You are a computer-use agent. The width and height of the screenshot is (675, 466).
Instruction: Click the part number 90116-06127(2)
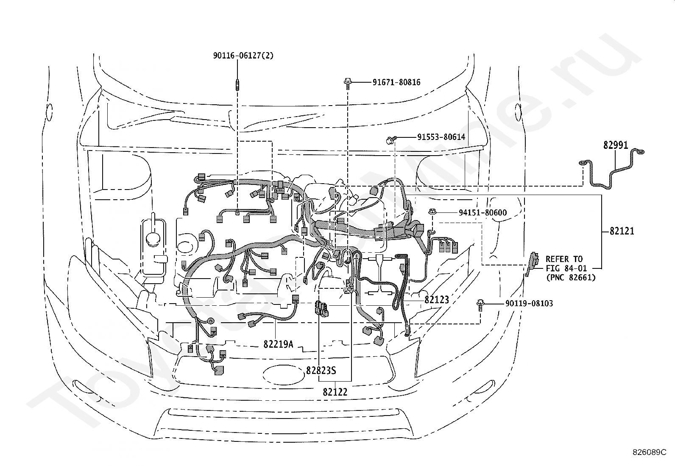pyautogui.click(x=243, y=56)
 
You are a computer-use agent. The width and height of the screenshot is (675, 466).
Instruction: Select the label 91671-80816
pyautogui.click(x=396, y=82)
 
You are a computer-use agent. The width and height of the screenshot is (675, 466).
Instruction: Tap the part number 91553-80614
pyautogui.click(x=441, y=137)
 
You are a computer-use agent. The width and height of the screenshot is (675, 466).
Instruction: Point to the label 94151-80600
pyautogui.click(x=483, y=213)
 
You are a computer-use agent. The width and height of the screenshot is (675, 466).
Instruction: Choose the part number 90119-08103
pyautogui.click(x=529, y=304)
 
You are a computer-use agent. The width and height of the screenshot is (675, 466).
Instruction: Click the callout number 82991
pyautogui.click(x=616, y=145)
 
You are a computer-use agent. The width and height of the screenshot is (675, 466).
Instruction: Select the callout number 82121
pyautogui.click(x=622, y=231)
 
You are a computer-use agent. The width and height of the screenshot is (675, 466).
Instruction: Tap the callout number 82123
pyautogui.click(x=437, y=300)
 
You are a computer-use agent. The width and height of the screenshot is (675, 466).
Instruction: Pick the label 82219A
pyautogui.click(x=278, y=344)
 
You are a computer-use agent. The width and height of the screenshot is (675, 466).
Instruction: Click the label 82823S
pyautogui.click(x=321, y=371)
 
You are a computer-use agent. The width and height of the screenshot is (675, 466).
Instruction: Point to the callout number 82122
pyautogui.click(x=335, y=392)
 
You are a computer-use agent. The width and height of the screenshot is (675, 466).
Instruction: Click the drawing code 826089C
pyautogui.click(x=650, y=452)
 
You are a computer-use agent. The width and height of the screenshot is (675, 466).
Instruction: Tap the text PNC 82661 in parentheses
pyautogui.click(x=571, y=278)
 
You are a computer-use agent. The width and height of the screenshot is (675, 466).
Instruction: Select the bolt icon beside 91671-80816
pyautogui.click(x=348, y=84)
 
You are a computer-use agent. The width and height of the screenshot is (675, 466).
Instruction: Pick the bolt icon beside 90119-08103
pyautogui.click(x=480, y=305)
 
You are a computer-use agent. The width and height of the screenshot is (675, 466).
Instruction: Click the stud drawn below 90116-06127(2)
pyautogui.click(x=237, y=85)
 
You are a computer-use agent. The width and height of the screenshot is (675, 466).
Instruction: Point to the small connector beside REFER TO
pyautogui.click(x=533, y=263)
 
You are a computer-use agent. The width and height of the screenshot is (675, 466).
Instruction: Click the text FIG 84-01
pyautogui.click(x=566, y=268)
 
